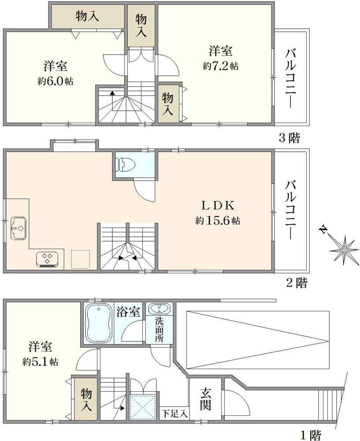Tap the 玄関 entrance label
click(x=205, y=399)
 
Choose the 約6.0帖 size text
click(x=56, y=82)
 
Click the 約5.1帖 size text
click(x=41, y=362)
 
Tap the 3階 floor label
click(x=289, y=138)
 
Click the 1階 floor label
click(x=311, y=435)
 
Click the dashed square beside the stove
click(x=80, y=259)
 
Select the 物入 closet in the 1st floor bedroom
click(x=86, y=399)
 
